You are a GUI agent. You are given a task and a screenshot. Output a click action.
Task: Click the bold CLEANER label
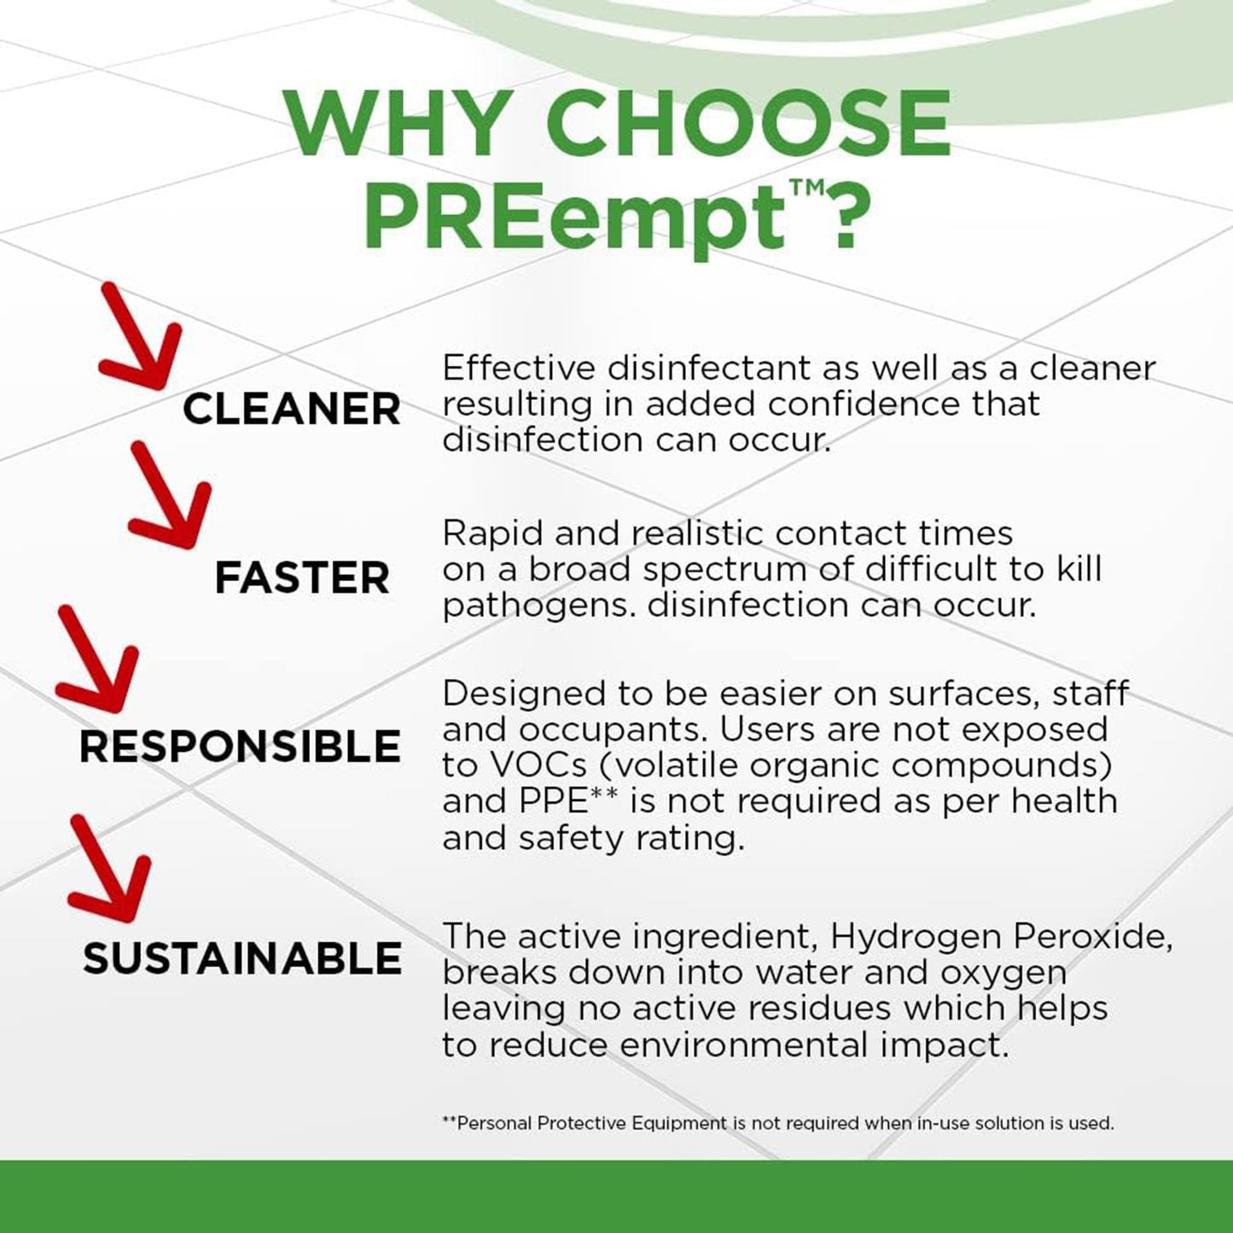coord(292,409)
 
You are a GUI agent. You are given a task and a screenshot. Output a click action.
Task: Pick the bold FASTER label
coord(302,579)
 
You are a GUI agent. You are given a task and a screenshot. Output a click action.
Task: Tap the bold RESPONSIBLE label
coord(240,747)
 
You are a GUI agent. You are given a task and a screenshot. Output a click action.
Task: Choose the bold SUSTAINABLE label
coord(242,958)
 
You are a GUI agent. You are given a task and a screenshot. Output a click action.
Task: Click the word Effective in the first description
coord(518,368)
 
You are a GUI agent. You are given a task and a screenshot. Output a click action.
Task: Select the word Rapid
coord(492,533)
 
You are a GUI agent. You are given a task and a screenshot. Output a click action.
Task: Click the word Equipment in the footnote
coord(679,1123)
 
